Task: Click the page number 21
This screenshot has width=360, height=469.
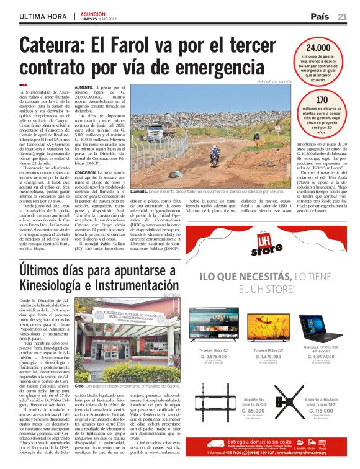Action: click(x=342, y=16)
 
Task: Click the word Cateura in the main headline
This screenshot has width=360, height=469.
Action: click(x=60, y=47)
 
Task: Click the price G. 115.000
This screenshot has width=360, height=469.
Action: click(x=320, y=428)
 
